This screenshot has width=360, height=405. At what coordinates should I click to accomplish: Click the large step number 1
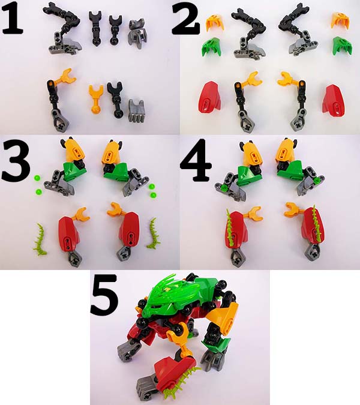tap(13, 17)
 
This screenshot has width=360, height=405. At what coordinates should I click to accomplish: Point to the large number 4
tap(196, 160)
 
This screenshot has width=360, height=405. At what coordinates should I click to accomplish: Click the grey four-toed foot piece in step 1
tap(136, 110)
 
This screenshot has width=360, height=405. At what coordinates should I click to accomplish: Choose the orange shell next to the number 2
tap(212, 22)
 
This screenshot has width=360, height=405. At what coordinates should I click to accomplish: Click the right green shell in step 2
tap(341, 46)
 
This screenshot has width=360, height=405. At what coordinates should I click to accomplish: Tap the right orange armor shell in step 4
tap(287, 151)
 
